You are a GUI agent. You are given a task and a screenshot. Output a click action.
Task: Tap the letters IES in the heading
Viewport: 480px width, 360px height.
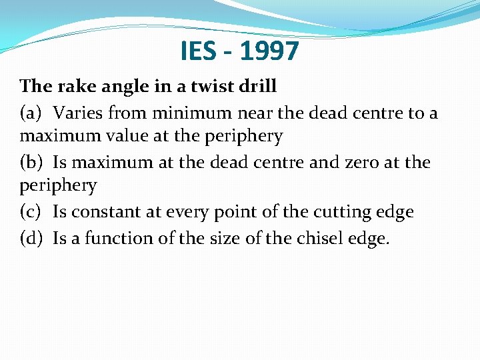click(199, 51)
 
